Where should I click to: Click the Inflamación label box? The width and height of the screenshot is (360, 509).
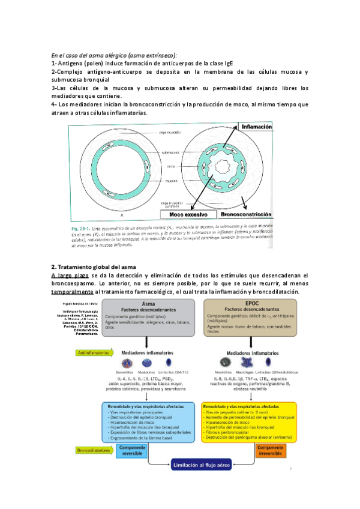click(256, 127)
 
